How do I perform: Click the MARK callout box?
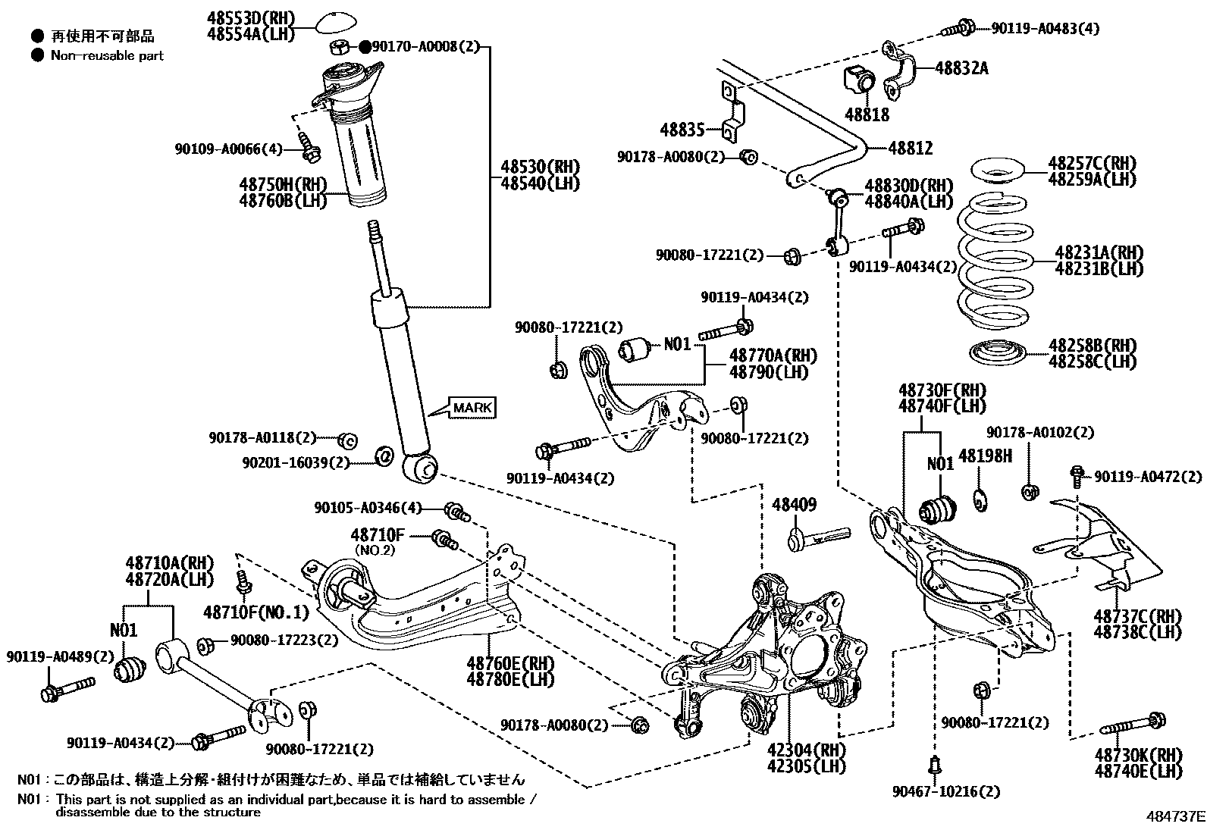pos(472,408)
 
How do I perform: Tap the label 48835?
pos(682,130)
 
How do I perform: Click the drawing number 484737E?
pos(1174,817)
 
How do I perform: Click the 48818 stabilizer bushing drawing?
pos(858,80)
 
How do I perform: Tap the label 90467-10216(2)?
pos(945,792)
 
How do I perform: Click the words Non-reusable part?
pos(107,55)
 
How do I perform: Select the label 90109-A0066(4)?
pos(228,149)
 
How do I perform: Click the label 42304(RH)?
pos(805,750)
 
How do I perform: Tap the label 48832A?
pos(961,67)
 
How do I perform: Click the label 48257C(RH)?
pos(1092,163)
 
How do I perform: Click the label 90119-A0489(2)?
pos(60,656)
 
